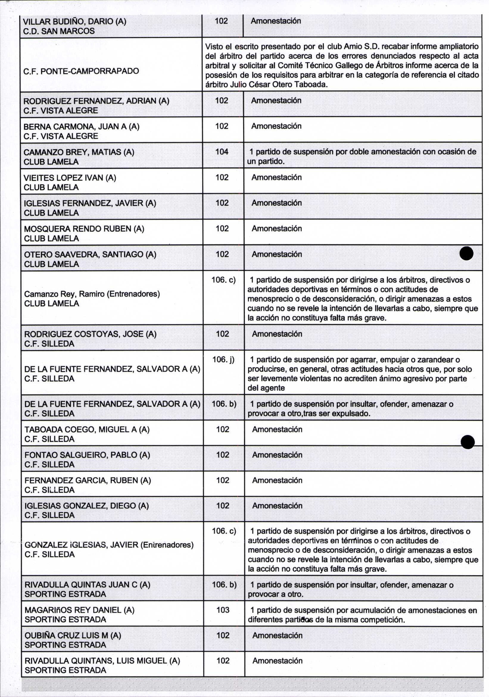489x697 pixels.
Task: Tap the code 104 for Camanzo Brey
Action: pyautogui.click(x=222, y=152)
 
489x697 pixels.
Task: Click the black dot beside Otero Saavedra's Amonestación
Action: pyautogui.click(x=466, y=253)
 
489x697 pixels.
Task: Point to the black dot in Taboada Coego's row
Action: pyautogui.click(x=468, y=442)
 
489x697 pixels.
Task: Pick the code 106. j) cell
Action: pyautogui.click(x=223, y=360)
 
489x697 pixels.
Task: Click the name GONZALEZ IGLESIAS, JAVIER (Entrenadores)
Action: pyautogui.click(x=109, y=544)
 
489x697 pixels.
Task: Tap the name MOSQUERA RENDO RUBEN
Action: pyautogui.click(x=84, y=228)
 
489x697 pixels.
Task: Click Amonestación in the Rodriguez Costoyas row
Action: pyautogui.click(x=277, y=334)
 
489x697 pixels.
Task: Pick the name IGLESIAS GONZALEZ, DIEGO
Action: pyautogui.click(x=86, y=505)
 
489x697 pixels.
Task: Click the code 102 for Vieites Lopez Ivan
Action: pyautogui.click(x=222, y=177)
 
